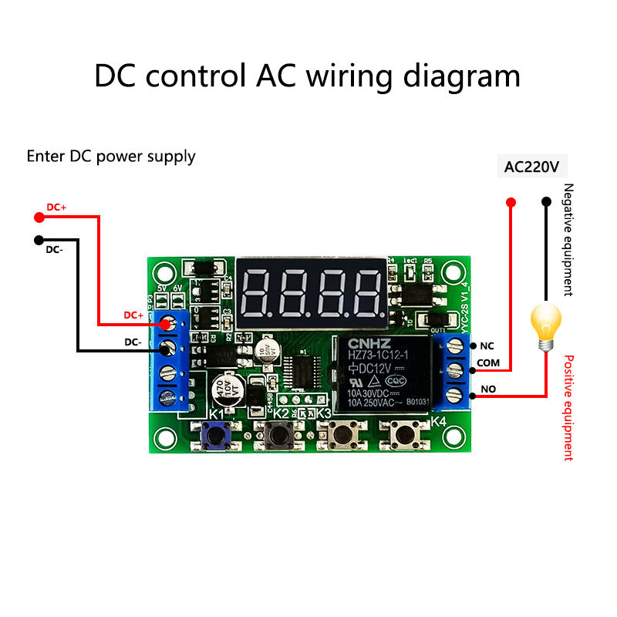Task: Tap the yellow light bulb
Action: click(546, 324)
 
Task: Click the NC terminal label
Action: click(487, 346)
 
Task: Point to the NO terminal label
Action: click(488, 389)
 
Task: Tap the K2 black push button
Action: click(278, 437)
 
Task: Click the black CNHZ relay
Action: click(380, 373)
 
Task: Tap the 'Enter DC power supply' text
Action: click(111, 157)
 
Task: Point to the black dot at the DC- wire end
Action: click(39, 239)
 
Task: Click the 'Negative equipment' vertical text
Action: click(568, 240)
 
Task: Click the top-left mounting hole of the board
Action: click(164, 271)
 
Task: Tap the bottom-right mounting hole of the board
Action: click(453, 437)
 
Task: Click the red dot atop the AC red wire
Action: click(510, 202)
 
